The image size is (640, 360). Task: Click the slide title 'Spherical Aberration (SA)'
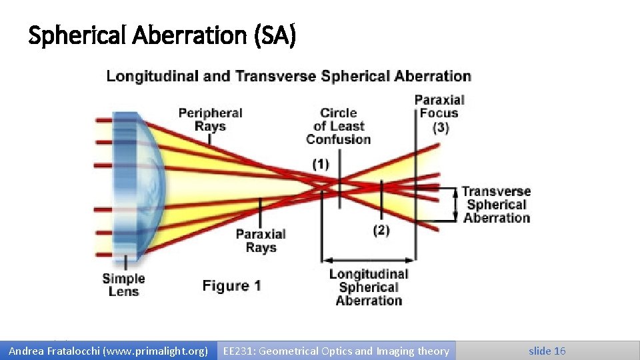(x=162, y=36)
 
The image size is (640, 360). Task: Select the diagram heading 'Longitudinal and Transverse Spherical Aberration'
(x=289, y=76)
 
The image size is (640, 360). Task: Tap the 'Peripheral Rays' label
(x=210, y=120)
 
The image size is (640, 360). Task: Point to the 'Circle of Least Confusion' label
(x=338, y=126)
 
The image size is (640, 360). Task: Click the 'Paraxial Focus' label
(x=439, y=107)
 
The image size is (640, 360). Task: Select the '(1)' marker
(x=320, y=164)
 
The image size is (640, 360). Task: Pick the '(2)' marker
(x=381, y=231)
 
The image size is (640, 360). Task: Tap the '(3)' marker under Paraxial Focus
(x=440, y=127)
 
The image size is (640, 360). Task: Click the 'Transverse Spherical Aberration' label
(x=497, y=205)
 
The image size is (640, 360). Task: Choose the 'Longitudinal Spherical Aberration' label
(x=369, y=287)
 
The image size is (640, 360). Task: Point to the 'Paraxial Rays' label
(x=261, y=241)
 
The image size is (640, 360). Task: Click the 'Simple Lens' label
(x=123, y=285)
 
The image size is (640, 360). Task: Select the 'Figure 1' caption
(x=231, y=286)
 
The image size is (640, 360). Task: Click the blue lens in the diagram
(x=137, y=187)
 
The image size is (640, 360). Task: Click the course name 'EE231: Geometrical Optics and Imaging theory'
(x=336, y=351)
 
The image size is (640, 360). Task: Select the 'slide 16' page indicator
(x=547, y=351)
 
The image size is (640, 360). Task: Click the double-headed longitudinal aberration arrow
(x=369, y=260)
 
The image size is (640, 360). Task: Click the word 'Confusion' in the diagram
(x=338, y=139)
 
